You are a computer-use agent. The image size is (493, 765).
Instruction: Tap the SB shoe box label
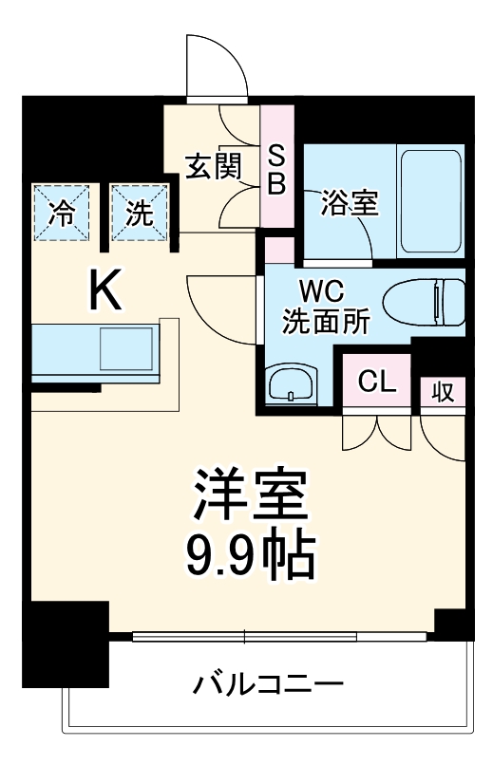(276, 168)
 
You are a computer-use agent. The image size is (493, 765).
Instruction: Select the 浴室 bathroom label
(350, 202)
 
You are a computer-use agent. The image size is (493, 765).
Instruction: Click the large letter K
(105, 289)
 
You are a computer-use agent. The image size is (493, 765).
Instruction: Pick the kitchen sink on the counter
(126, 348)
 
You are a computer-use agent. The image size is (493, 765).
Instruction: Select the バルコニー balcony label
(271, 683)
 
